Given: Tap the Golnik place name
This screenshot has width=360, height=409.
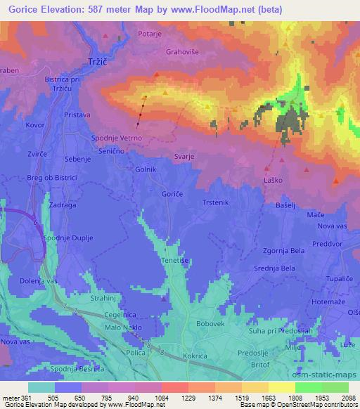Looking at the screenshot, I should pyautogui.click(x=145, y=169).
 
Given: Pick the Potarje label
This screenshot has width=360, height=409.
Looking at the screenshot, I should pyautogui.click(x=150, y=33).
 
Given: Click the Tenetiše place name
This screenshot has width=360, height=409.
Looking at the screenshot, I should pyautogui.click(x=174, y=259).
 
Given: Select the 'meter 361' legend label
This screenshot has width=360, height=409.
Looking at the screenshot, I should pyautogui.click(x=15, y=397).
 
